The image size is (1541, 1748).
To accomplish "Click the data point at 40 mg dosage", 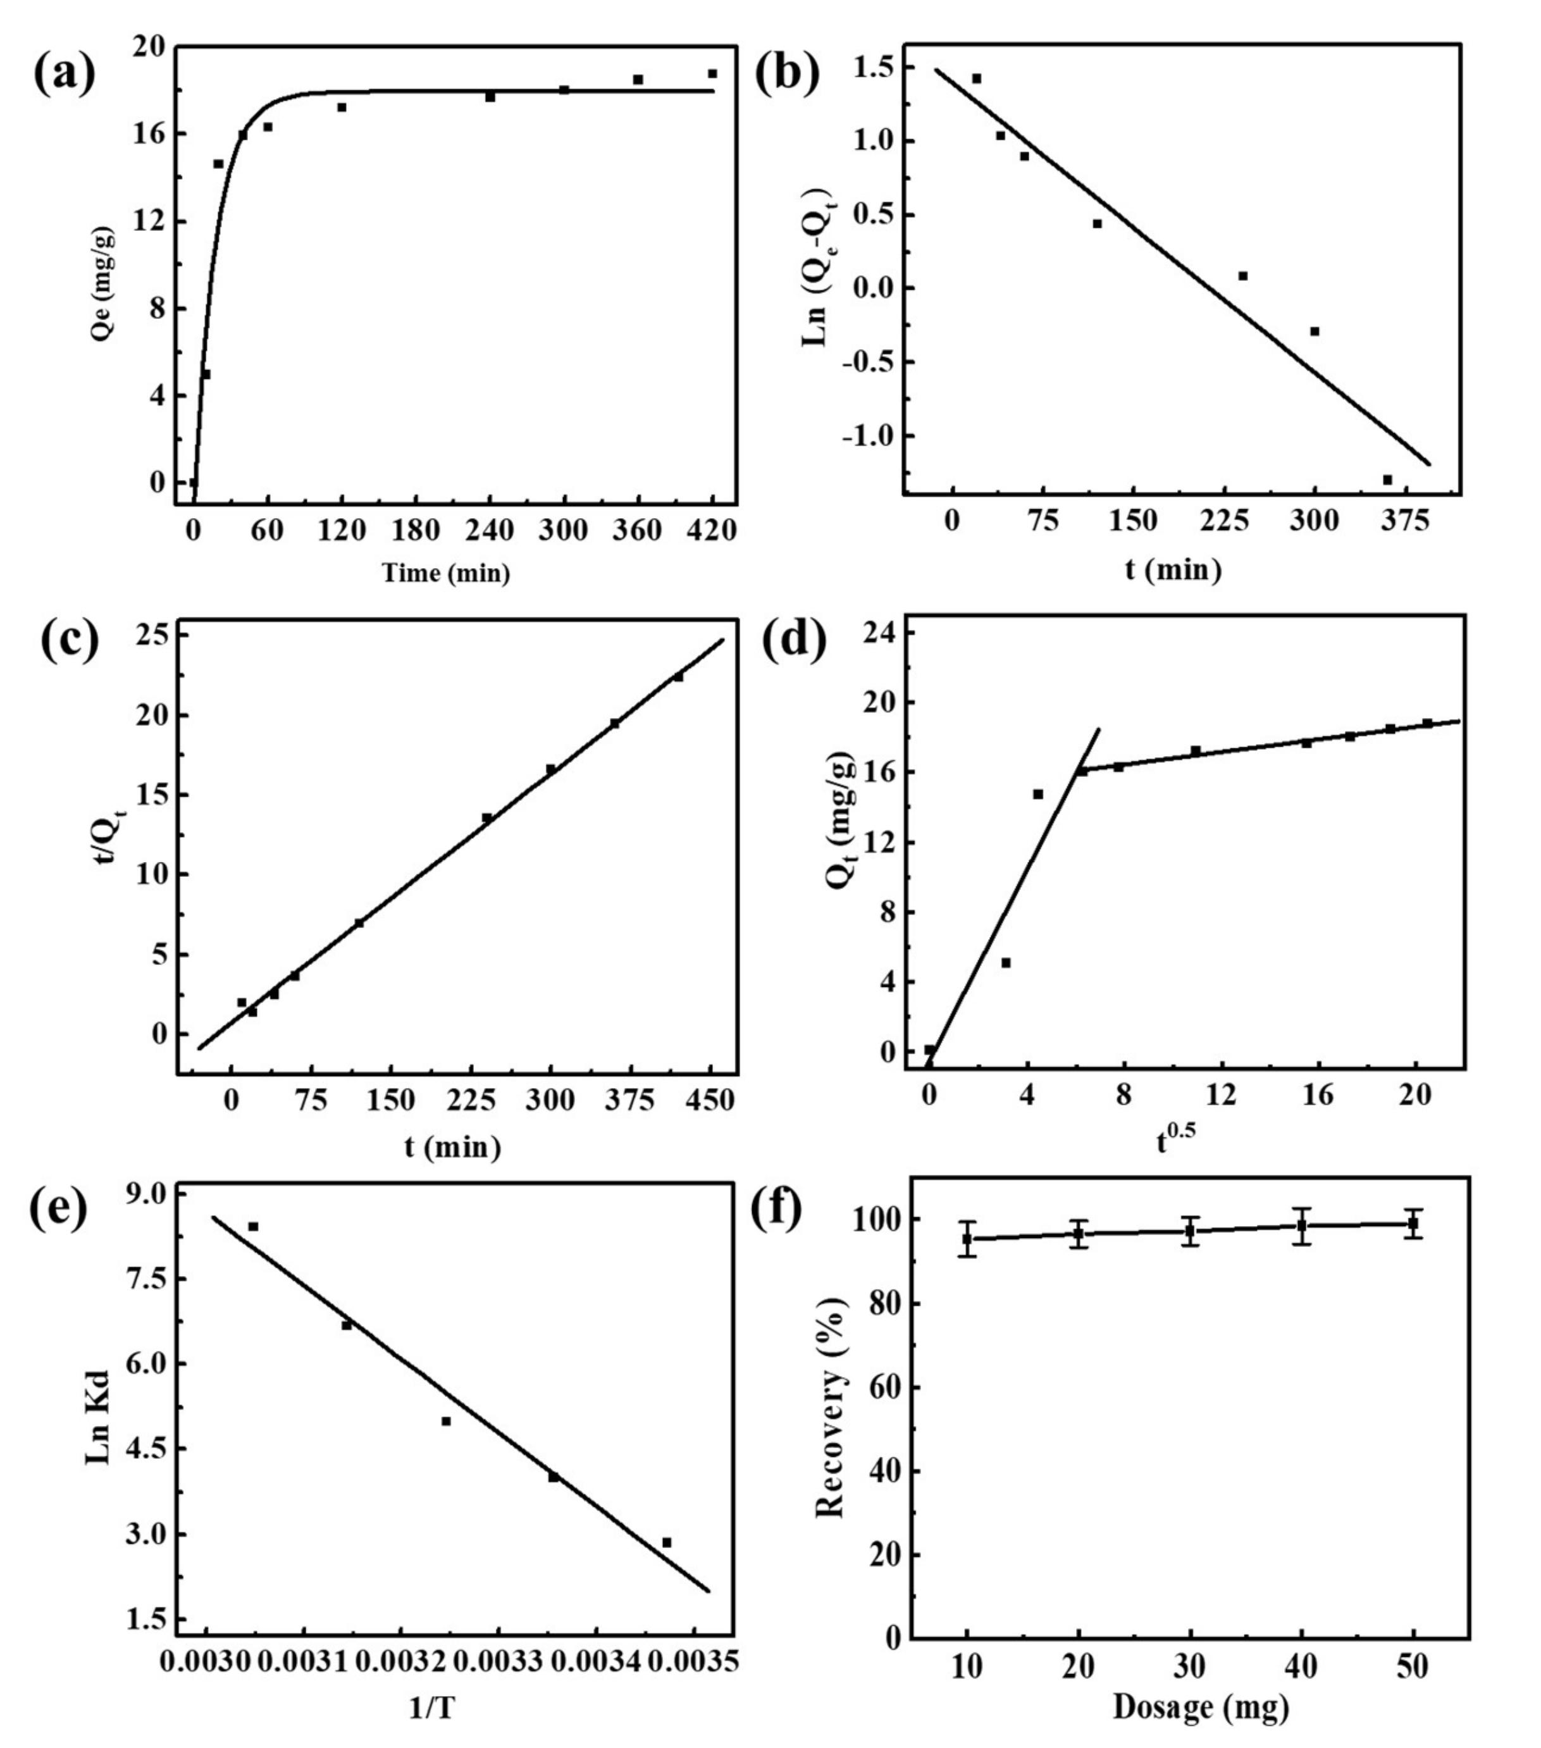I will coord(1301,1225).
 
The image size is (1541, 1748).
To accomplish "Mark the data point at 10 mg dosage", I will coord(967,1238).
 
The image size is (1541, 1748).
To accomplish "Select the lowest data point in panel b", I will coord(1387,480).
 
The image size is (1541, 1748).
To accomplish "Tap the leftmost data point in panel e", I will coord(253,1226).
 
